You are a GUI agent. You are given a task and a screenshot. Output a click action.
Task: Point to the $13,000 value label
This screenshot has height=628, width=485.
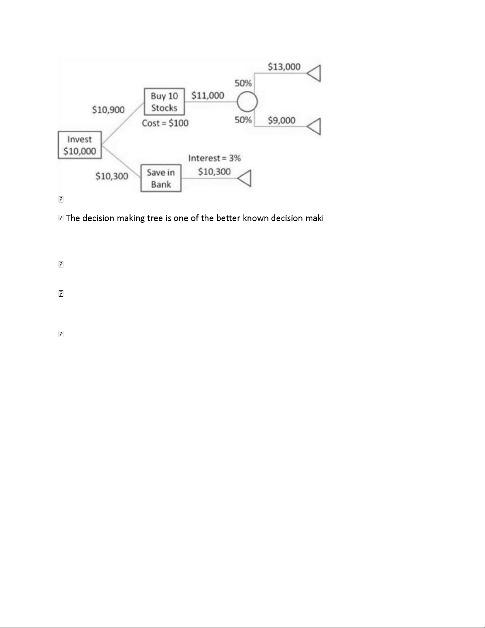(x=284, y=67)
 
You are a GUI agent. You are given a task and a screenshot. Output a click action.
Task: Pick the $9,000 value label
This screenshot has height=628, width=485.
(x=281, y=120)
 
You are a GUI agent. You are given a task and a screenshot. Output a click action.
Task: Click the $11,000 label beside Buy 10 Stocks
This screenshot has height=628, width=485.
(x=207, y=95)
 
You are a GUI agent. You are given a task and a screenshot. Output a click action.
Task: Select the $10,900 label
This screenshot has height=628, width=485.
(x=108, y=110)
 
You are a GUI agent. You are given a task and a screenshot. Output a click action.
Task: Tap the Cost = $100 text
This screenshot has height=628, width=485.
(x=165, y=123)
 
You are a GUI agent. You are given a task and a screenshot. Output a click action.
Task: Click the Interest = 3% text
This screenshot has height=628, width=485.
(x=215, y=158)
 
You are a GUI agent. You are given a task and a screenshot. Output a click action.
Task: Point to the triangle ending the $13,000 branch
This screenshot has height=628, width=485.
(x=314, y=73)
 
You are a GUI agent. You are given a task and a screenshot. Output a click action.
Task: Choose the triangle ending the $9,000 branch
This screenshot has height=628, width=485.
(x=314, y=126)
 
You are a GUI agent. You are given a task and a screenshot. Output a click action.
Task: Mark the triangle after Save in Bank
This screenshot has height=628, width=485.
(x=244, y=178)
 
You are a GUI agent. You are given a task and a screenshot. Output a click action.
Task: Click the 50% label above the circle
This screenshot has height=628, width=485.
(x=243, y=83)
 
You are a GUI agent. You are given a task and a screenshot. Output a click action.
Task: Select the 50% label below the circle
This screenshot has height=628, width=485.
(x=243, y=120)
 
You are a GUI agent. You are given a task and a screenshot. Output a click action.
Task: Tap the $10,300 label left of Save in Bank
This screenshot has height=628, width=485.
(x=112, y=176)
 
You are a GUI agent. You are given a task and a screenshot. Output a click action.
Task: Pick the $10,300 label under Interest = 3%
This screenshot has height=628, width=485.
(x=214, y=172)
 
